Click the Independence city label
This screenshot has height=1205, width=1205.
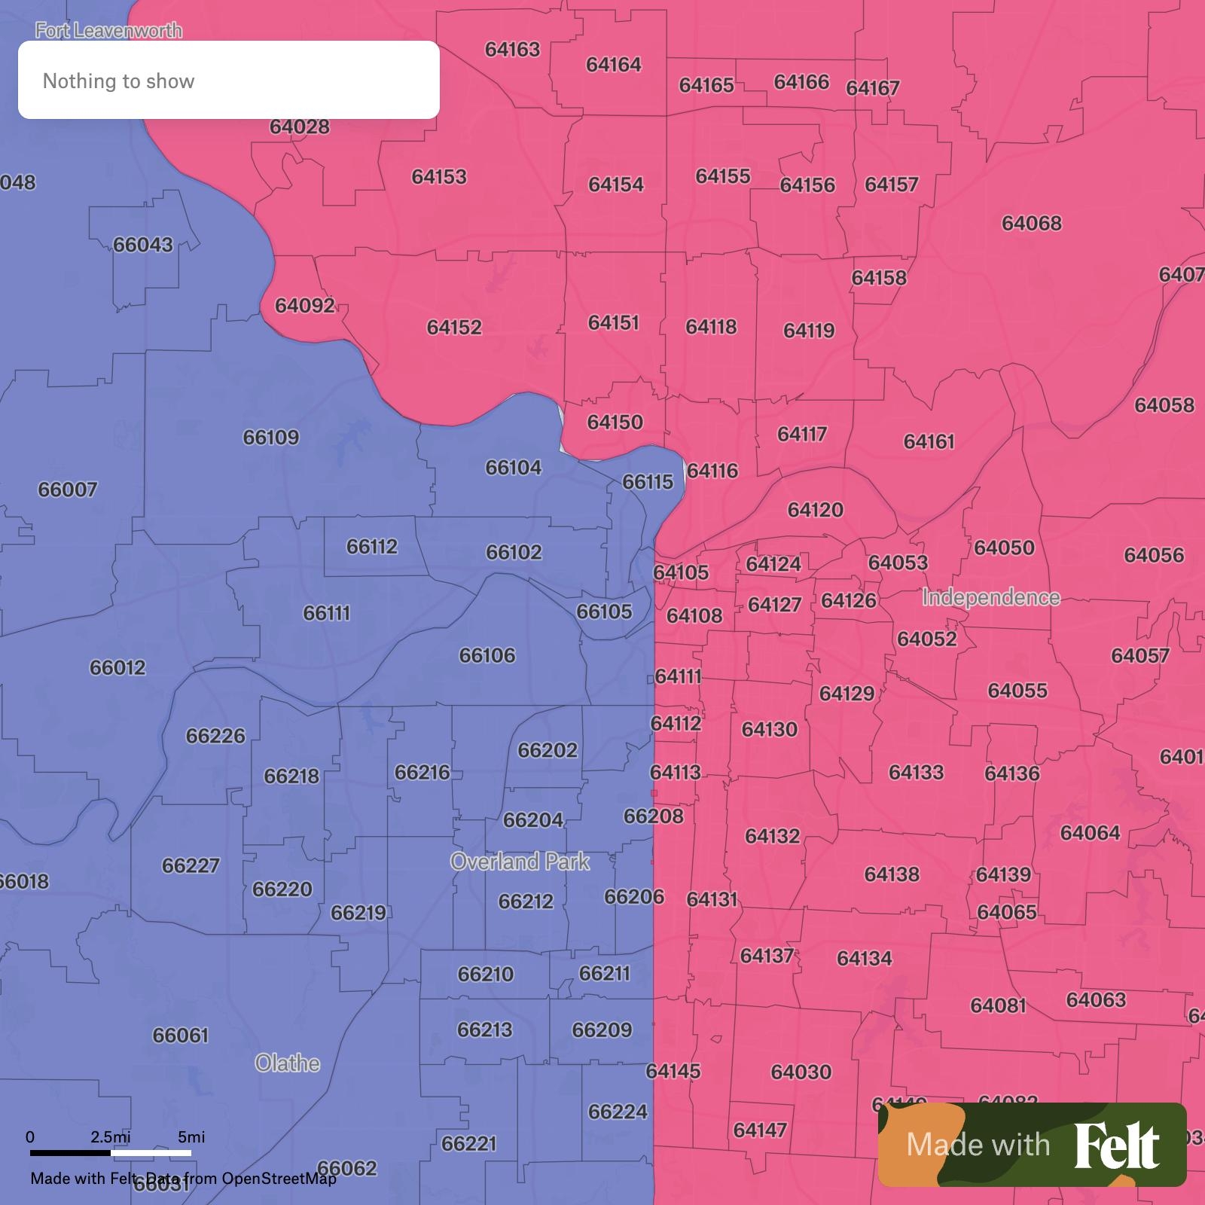point(991,597)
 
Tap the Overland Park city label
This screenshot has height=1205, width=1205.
point(520,862)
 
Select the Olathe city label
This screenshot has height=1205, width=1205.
point(287,1063)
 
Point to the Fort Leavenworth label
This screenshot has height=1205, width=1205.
point(108,31)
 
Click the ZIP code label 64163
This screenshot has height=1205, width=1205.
point(512,50)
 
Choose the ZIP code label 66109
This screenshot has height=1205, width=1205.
point(271,438)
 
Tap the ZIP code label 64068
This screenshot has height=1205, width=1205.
point(1031,224)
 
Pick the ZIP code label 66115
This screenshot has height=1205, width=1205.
point(648,482)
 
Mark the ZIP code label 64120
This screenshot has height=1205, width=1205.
point(815,511)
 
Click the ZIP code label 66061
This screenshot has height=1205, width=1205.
point(180,1036)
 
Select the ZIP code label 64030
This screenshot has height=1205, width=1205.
point(801,1072)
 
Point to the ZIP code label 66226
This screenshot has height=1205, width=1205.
point(215,736)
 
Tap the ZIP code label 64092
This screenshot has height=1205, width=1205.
point(304,306)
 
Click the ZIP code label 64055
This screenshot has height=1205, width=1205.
point(1017,691)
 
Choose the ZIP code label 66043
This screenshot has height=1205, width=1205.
point(143,245)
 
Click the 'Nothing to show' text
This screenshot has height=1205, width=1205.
point(118,81)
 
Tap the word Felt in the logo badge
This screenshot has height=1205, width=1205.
point(1116,1146)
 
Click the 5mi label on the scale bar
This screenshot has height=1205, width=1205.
point(191,1136)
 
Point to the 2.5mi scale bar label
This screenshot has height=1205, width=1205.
point(110,1136)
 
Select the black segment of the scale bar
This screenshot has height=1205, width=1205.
point(70,1152)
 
